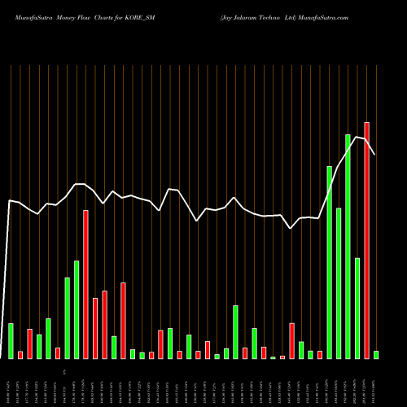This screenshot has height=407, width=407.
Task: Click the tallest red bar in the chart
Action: tap(367, 240)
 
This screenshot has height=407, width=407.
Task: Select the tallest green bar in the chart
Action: tap(348, 246)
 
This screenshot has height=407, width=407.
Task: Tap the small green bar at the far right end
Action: tap(376, 354)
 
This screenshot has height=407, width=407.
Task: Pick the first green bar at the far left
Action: tap(11, 340)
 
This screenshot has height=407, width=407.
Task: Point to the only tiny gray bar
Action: tap(274, 357)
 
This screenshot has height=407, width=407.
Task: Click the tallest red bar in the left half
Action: tap(85, 284)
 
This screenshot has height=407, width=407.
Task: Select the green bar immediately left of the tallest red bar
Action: tap(357, 308)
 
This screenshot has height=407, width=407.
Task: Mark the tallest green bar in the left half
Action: tap(77, 309)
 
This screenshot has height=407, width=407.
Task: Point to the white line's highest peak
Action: tap(357, 136)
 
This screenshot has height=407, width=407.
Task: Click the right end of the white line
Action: tap(375, 155)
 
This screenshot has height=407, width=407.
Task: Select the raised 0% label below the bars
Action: tap(63, 371)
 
